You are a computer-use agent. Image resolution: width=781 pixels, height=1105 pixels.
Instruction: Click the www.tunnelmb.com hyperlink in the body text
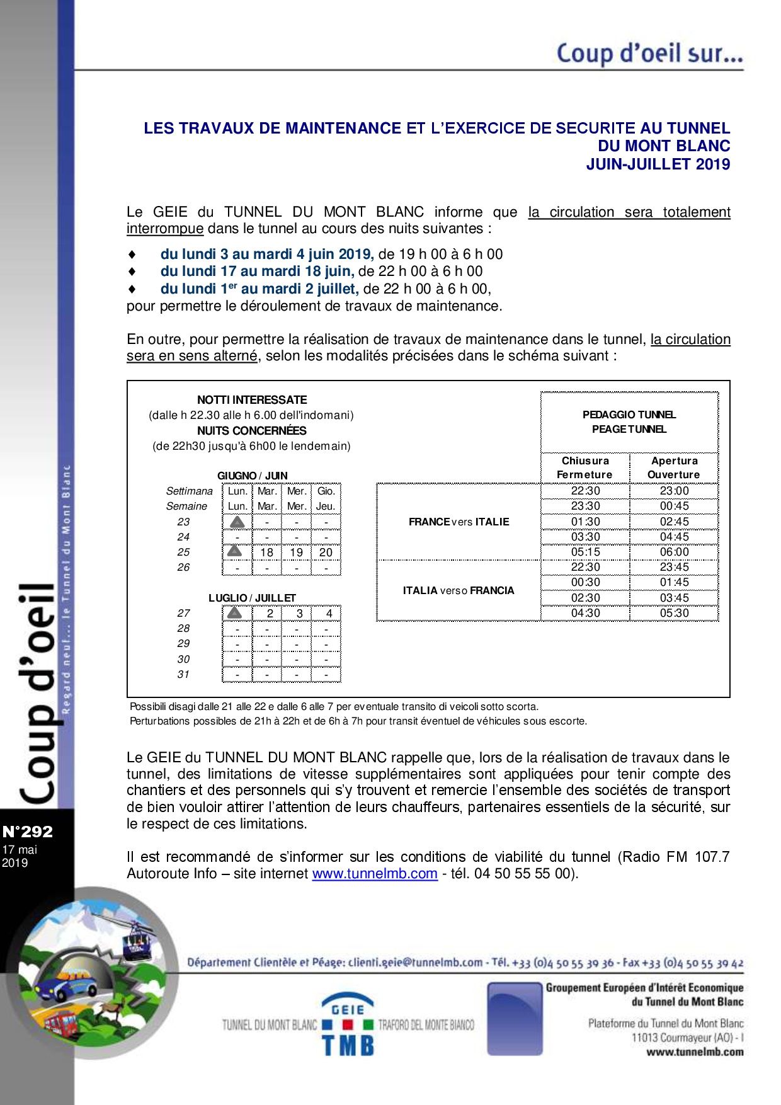tap(375, 873)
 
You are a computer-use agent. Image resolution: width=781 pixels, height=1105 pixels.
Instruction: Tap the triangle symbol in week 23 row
tap(237, 522)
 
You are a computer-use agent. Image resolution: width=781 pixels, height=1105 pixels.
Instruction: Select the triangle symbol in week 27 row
tap(234, 613)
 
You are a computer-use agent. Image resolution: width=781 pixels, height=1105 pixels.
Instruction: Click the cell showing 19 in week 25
tap(296, 552)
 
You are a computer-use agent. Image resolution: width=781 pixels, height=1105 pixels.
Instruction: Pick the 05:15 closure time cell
tap(585, 552)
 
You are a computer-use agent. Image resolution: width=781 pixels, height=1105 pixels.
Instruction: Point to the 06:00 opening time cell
tap(674, 552)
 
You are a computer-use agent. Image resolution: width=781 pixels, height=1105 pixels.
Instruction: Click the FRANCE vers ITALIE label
tap(459, 522)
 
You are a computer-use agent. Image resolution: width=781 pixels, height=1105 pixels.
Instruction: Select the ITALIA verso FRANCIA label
tap(459, 590)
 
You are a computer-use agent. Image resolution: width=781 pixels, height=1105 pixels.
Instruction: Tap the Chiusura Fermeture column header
tap(585, 467)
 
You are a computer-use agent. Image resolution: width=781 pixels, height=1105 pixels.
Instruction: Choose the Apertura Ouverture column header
tap(674, 467)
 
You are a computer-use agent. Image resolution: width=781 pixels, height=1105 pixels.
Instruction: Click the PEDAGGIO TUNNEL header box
tap(629, 421)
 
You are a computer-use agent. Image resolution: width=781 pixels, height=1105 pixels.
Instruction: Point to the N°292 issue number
tap(28, 832)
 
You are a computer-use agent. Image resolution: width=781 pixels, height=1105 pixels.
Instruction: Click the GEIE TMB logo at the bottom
tap(348, 1024)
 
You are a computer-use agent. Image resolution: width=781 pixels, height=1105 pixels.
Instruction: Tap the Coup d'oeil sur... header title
tap(649, 54)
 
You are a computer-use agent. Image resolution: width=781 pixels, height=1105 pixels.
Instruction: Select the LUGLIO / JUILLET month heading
tap(252, 598)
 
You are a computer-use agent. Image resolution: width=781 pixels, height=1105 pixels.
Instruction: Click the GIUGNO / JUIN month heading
tap(252, 476)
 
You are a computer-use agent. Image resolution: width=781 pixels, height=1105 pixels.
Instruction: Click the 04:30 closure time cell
tap(585, 613)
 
